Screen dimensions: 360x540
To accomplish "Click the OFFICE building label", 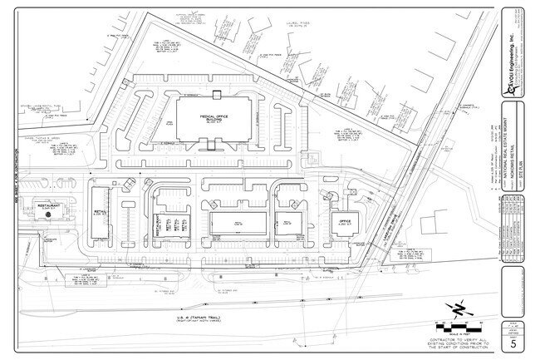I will click(x=346, y=221).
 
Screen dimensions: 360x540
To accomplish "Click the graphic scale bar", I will click(x=458, y=322).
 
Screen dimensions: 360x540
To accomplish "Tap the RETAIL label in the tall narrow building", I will click(x=99, y=214).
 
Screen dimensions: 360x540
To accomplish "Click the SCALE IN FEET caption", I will click(x=458, y=329).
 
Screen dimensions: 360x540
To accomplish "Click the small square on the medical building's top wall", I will click(x=216, y=93).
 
